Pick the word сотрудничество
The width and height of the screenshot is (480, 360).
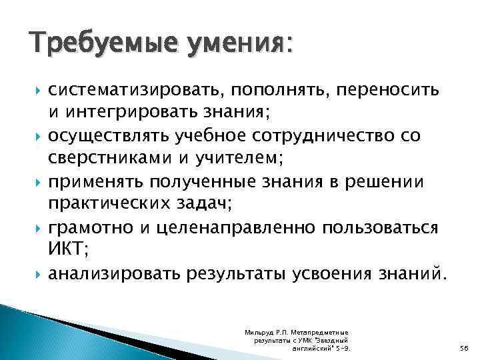point(345,136)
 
